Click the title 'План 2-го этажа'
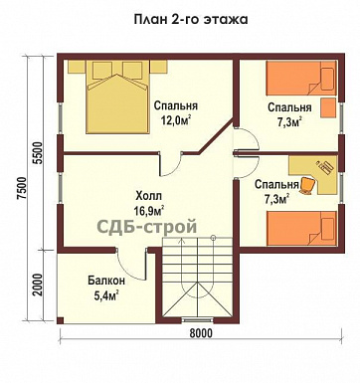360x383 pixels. (181, 19)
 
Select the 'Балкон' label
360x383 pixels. (102, 281)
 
